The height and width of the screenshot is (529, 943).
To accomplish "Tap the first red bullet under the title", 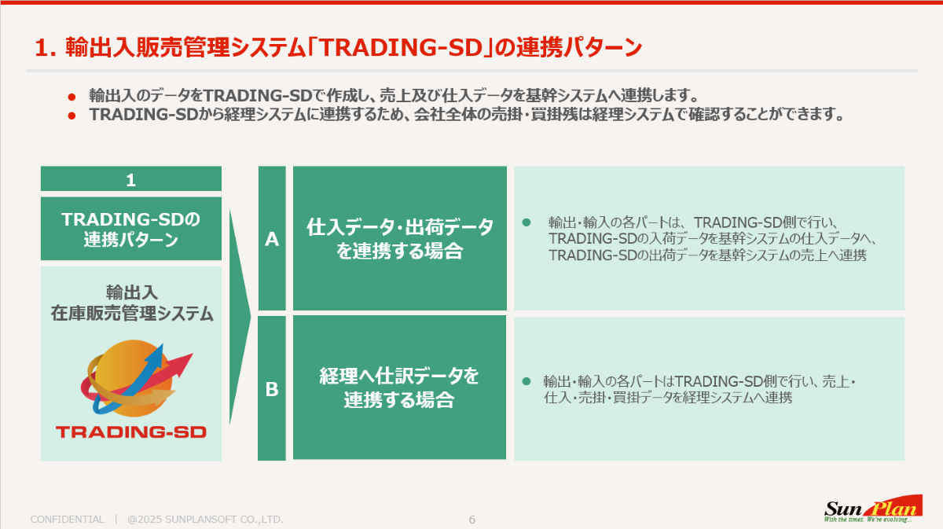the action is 72,97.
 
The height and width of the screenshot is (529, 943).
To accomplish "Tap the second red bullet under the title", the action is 72,116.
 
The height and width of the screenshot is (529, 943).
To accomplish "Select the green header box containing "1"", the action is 131,178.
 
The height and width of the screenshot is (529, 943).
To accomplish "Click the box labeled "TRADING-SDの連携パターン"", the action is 131,229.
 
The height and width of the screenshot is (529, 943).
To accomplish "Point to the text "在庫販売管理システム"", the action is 132,314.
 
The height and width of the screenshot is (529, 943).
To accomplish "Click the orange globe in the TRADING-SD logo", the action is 134,379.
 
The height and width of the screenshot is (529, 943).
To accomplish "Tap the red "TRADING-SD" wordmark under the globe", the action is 131,432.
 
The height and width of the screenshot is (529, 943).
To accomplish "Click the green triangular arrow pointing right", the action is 240,317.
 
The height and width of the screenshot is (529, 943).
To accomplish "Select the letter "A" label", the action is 272,239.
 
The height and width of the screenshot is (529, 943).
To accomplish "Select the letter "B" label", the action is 272,389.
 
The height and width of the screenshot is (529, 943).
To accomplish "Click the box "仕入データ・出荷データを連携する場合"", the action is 400,238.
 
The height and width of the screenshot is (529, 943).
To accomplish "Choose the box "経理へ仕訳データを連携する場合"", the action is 399,388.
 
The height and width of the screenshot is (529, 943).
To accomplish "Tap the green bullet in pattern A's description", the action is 527,222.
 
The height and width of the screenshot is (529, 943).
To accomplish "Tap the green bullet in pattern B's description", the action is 527,381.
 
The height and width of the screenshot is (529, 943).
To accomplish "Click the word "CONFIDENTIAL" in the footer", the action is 68,520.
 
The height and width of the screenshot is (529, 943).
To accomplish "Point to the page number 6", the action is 472,520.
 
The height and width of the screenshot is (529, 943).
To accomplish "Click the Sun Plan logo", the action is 873,509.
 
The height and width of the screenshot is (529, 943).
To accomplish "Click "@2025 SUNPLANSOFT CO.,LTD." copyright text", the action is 205,520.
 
